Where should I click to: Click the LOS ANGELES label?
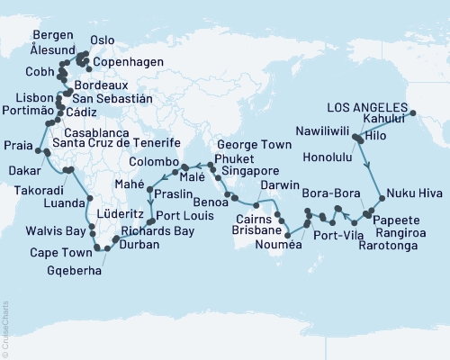coord(371,103)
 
